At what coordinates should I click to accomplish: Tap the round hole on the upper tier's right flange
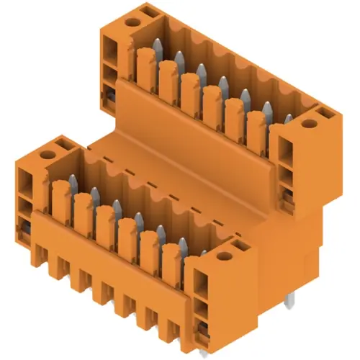click(x=309, y=123)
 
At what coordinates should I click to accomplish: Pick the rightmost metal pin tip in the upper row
click(x=287, y=119)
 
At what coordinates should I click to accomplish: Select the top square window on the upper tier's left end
click(x=109, y=50)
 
